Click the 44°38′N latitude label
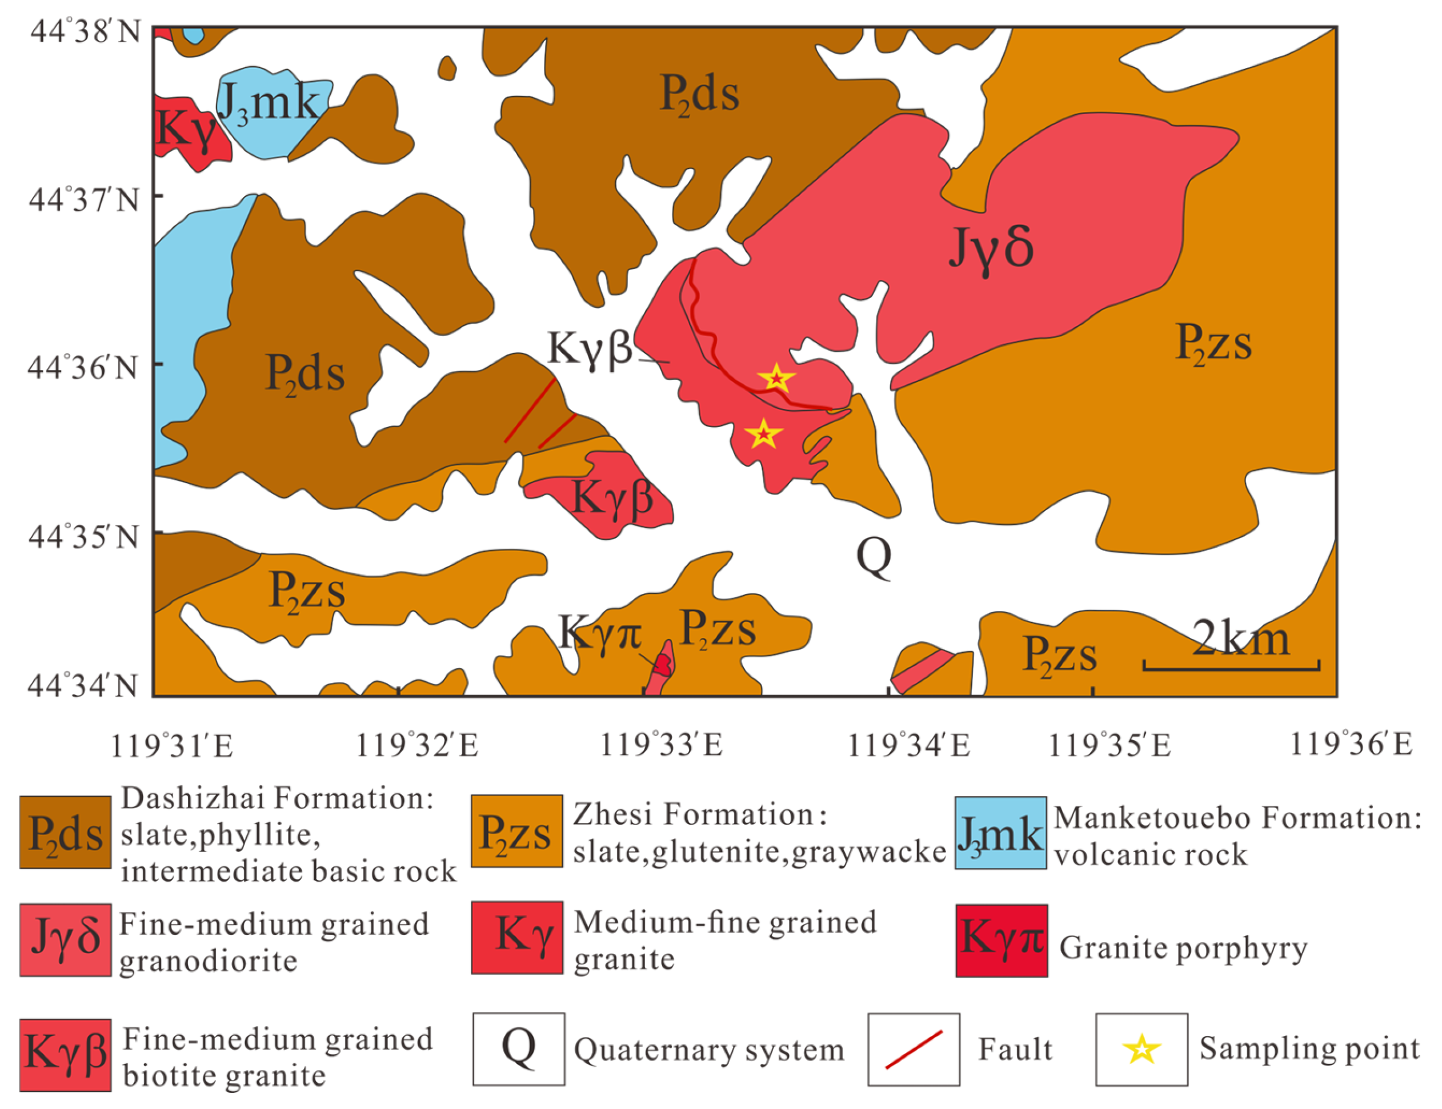(x=86, y=31)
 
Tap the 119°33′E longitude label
(x=661, y=745)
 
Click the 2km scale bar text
(x=1240, y=639)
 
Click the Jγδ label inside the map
(x=991, y=250)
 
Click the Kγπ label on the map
(x=599, y=632)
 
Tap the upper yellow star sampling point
(x=776, y=378)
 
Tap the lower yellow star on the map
(x=763, y=433)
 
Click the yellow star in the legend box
(x=1141, y=1050)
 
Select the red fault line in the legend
(x=913, y=1050)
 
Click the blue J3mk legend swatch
(x=1000, y=833)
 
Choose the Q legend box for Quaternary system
(x=519, y=1049)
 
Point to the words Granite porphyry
(x=1183, y=948)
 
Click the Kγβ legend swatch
(x=65, y=1054)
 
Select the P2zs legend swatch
(x=516, y=831)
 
